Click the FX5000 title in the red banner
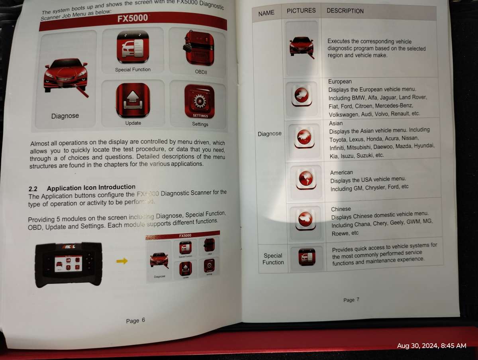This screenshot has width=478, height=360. pyautogui.click(x=133, y=19)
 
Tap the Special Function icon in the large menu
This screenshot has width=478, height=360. pyautogui.click(x=132, y=47)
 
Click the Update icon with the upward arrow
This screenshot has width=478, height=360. pyautogui.click(x=133, y=100)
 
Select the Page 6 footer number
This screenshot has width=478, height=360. pyautogui.click(x=135, y=321)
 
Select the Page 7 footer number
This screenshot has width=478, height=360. pyautogui.click(x=351, y=299)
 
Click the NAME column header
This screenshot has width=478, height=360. pyautogui.click(x=266, y=13)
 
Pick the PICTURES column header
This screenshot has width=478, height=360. pyautogui.click(x=301, y=11)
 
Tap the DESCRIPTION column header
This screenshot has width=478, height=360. pyautogui.click(x=345, y=11)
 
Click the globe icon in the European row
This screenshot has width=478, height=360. pyautogui.click(x=302, y=96)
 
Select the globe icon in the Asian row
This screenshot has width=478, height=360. pyautogui.click(x=304, y=137)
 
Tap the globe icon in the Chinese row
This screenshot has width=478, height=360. pyautogui.click(x=306, y=219)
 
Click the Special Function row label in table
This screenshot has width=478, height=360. pyautogui.click(x=273, y=259)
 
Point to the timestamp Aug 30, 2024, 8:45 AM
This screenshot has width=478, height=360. pyautogui.click(x=431, y=346)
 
